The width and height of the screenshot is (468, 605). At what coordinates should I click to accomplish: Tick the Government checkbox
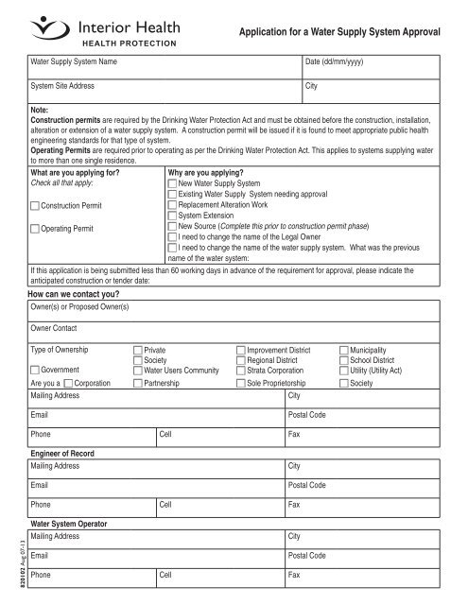35,370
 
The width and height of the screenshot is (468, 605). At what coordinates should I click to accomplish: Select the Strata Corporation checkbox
240,370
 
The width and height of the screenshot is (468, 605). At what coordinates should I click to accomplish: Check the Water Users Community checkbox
138,370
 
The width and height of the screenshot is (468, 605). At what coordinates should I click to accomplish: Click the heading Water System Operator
71,522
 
